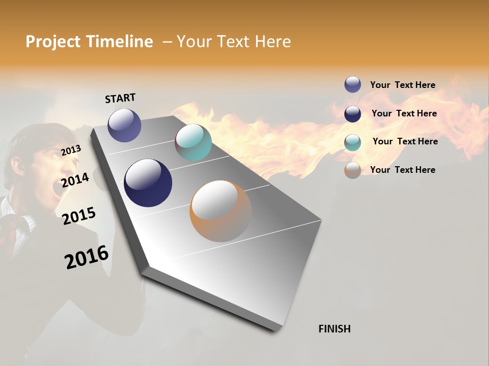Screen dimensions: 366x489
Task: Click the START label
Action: [x=120, y=98]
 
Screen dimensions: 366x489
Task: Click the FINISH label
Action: [x=334, y=329]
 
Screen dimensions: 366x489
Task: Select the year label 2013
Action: [x=71, y=150]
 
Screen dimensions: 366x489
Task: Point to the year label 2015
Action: [x=79, y=216]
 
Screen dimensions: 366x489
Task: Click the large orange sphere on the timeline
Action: [x=221, y=211]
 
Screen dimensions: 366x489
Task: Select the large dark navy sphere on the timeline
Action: [x=148, y=183]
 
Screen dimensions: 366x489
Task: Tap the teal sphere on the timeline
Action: [x=193, y=142]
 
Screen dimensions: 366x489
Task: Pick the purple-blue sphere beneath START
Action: [x=124, y=125]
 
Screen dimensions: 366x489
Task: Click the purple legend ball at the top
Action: [x=352, y=84]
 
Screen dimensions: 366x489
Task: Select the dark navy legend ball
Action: [x=352, y=113]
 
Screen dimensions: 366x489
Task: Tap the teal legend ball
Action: [x=352, y=142]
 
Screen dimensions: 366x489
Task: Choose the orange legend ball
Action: [x=352, y=170]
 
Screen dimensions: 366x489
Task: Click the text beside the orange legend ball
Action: [x=402, y=170]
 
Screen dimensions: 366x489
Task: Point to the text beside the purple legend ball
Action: [x=402, y=85]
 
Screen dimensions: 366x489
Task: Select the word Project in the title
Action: [x=53, y=42]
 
